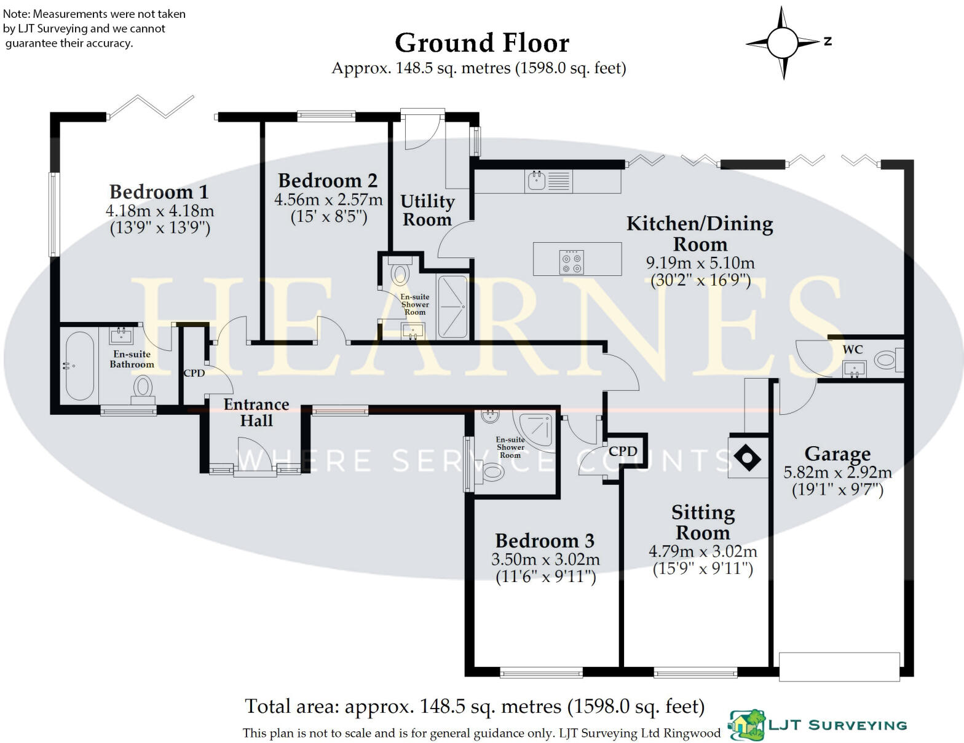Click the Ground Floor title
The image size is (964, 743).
tap(481, 43)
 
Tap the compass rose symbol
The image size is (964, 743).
tap(782, 42)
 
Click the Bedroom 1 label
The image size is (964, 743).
tap(159, 192)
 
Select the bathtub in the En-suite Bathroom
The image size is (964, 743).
tap(79, 366)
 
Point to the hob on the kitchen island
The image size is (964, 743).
tap(571, 262)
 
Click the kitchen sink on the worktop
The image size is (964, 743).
tap(537, 180)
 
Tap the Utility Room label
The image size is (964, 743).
tap(427, 210)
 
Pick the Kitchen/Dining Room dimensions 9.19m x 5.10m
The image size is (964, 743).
tap(700, 263)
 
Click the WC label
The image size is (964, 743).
tap(852, 350)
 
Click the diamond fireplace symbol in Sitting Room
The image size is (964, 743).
tap(748, 458)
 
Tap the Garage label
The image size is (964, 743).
tap(837, 454)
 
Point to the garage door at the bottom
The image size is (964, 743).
tap(839, 666)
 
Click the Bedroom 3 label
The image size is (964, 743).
tap(545, 541)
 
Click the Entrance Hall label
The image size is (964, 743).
tap(256, 412)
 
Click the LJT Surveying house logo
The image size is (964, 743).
tap(746, 725)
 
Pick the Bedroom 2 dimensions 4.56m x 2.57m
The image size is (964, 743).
tap(328, 200)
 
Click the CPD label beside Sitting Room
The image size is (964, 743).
tap(623, 451)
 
